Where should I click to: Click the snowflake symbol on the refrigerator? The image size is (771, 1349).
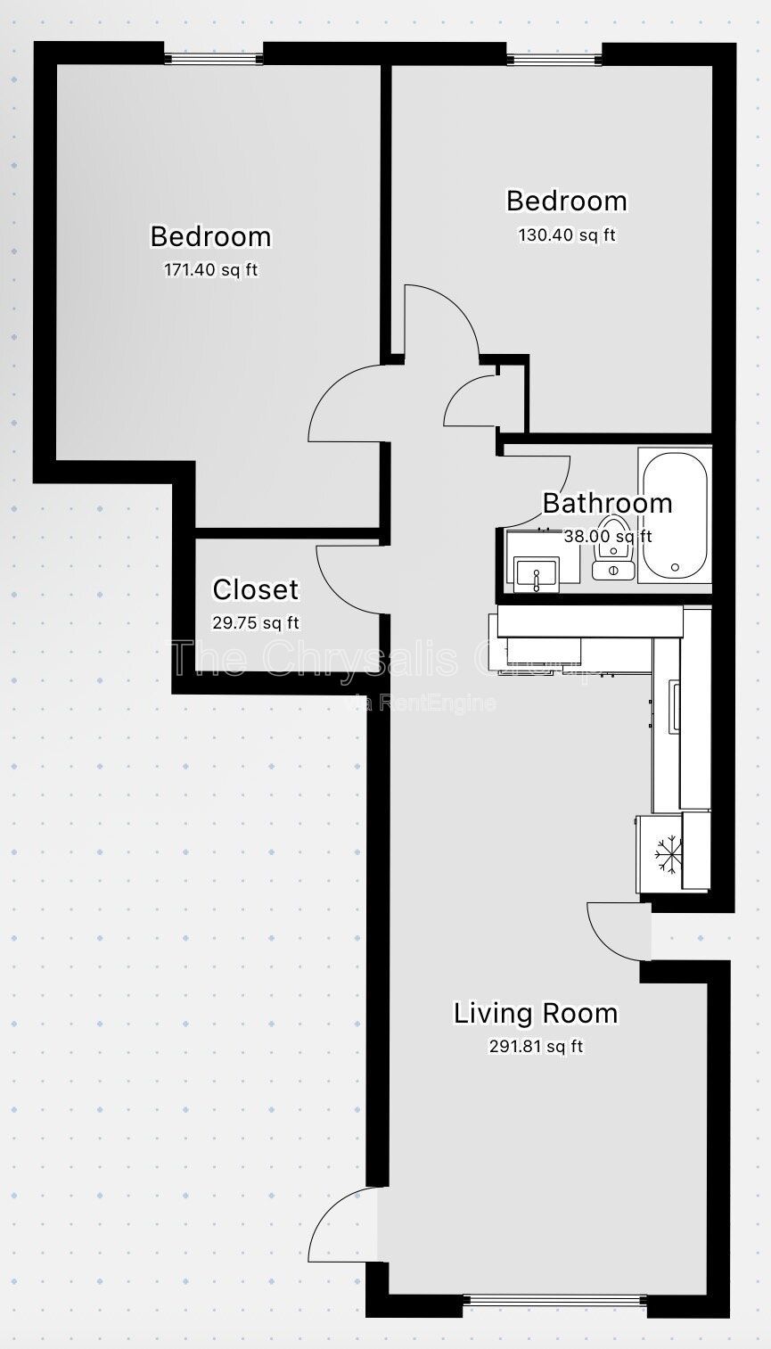[x=668, y=853]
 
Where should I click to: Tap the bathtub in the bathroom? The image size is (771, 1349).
[x=675, y=515]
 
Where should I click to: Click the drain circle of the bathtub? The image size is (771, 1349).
[x=675, y=567]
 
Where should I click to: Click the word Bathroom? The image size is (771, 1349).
[x=607, y=503]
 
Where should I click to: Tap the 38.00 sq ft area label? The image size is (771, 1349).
[x=608, y=536]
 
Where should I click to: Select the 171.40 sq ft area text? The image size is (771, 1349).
[x=210, y=270]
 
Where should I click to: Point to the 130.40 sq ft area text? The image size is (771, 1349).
[x=567, y=235]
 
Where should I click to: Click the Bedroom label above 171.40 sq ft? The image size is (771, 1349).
[x=210, y=237]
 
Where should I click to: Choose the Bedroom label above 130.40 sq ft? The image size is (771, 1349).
[x=567, y=202]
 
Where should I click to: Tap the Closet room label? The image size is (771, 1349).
[x=255, y=590]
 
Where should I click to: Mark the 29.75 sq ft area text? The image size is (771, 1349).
[x=255, y=623]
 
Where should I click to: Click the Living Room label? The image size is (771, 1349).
[x=536, y=1014]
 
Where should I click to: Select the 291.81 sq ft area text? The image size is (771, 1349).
[x=536, y=1047]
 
